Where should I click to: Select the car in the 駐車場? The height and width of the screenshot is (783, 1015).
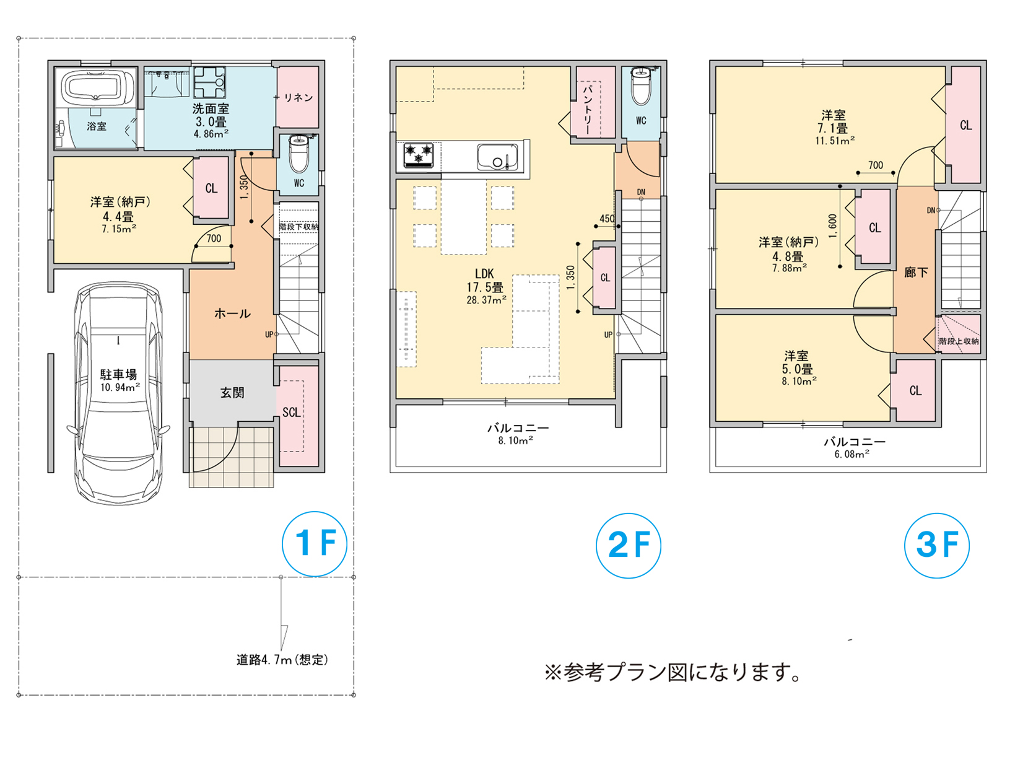click(x=118, y=393)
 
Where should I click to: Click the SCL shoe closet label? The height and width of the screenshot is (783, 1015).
click(x=292, y=412)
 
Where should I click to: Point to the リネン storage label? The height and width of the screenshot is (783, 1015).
click(x=298, y=97)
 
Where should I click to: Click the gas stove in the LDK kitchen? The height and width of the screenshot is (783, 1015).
click(x=418, y=155)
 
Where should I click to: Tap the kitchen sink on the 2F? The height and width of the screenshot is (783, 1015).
click(x=497, y=157)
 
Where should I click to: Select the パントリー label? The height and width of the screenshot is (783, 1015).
click(x=588, y=109)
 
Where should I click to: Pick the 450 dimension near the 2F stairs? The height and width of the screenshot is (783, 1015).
click(x=607, y=219)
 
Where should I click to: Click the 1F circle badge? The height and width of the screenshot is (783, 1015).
click(x=315, y=544)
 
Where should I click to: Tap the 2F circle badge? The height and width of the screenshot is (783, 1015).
click(x=628, y=545)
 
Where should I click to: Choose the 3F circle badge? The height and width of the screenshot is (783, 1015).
click(x=936, y=545)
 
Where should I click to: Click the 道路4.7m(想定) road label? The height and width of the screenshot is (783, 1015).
click(x=282, y=659)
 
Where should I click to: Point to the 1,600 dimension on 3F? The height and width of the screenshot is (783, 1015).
click(x=832, y=226)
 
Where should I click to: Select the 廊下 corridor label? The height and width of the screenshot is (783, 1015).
click(x=915, y=272)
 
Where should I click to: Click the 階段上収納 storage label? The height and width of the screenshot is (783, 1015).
click(x=959, y=341)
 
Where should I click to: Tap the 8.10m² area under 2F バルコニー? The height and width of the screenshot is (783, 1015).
click(x=516, y=440)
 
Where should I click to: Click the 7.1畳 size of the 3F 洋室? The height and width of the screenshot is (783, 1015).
click(x=833, y=128)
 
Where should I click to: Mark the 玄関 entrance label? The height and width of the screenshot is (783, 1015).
click(x=232, y=393)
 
